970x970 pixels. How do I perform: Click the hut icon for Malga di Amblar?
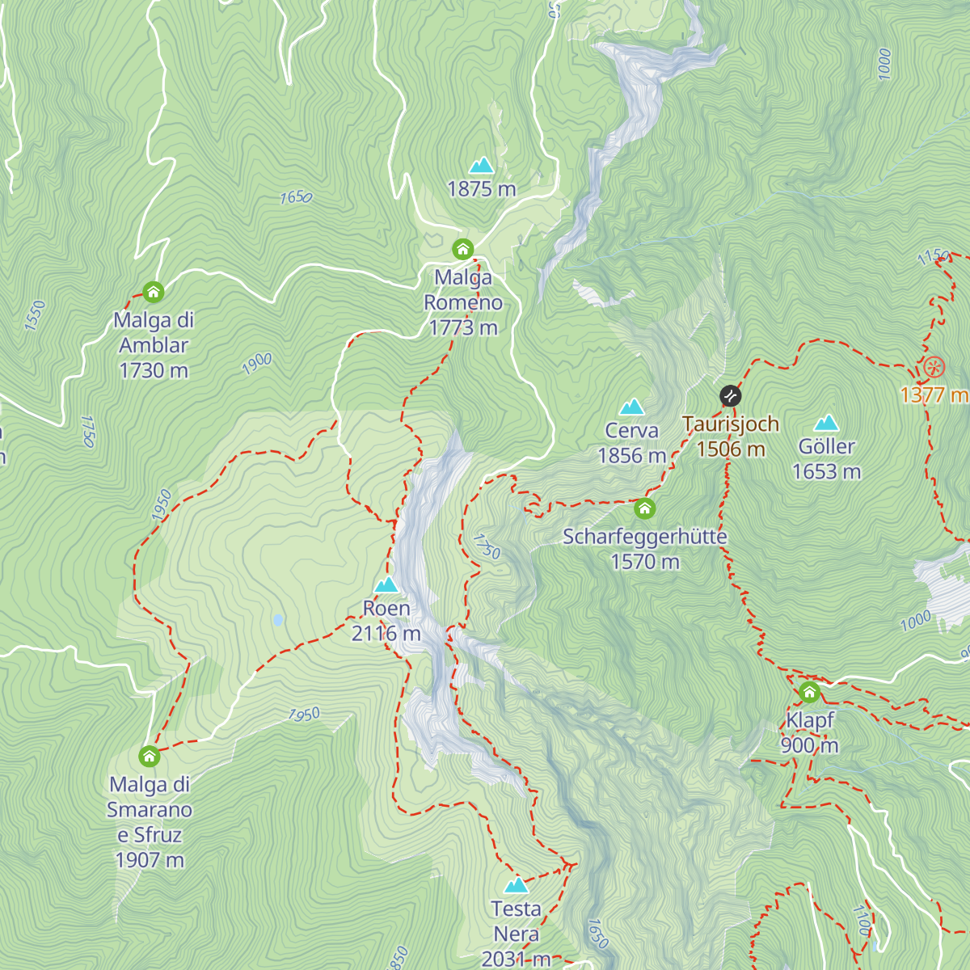click(153, 292)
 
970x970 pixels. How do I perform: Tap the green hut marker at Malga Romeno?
click(462, 249)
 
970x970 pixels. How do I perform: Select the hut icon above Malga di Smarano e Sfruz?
click(149, 757)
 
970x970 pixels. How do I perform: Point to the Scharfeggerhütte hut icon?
click(644, 508)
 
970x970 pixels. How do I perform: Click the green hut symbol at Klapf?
click(809, 692)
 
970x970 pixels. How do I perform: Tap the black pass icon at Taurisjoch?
click(730, 396)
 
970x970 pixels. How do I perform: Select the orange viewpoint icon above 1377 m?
click(934, 368)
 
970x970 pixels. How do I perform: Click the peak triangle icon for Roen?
click(386, 584)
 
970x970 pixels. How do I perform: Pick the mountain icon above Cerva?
click(631, 407)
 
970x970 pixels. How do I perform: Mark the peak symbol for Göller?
click(826, 423)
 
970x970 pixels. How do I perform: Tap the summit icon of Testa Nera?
click(516, 885)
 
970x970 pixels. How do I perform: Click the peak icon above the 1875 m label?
click(482, 166)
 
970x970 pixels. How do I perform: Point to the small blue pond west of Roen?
click(278, 620)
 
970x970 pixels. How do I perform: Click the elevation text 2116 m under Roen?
click(386, 634)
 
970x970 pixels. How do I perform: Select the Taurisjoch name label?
click(731, 424)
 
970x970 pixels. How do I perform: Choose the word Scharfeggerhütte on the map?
click(645, 537)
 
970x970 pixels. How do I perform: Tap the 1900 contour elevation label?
click(257, 365)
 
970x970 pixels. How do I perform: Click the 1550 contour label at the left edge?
click(35, 315)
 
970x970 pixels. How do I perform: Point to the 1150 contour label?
click(934, 257)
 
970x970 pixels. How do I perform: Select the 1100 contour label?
click(862, 920)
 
